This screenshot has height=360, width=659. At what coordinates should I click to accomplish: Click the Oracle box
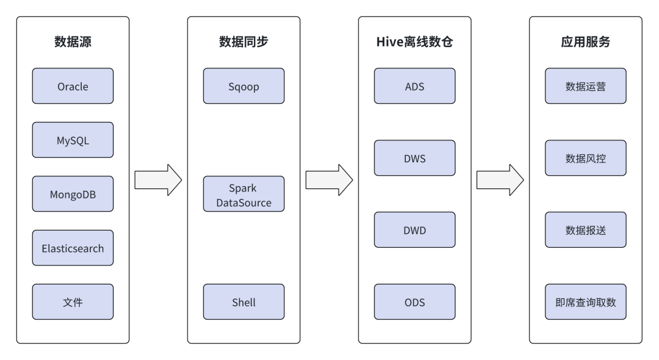(x=73, y=86)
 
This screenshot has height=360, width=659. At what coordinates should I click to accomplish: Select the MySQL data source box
(x=73, y=140)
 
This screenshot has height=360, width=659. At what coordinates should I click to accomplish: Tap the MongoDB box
(x=73, y=194)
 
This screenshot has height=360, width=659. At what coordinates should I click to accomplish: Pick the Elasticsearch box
(x=73, y=248)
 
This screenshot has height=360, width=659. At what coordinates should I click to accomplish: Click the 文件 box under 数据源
(x=73, y=302)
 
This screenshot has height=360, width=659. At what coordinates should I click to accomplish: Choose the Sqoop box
(x=243, y=86)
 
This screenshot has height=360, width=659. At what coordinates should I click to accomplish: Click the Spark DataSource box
(x=243, y=194)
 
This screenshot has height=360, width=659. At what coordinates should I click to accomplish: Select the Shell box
(x=243, y=302)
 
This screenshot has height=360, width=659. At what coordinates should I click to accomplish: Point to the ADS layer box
(x=414, y=86)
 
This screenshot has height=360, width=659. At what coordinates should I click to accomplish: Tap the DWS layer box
(x=414, y=158)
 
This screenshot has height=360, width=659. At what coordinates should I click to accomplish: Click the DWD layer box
(x=414, y=230)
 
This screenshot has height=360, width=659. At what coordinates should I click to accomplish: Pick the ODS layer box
(x=414, y=302)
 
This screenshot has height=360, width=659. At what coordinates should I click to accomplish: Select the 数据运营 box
(x=585, y=86)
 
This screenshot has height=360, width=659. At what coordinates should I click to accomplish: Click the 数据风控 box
(x=585, y=158)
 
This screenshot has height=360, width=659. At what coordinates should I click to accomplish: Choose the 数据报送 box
(x=585, y=230)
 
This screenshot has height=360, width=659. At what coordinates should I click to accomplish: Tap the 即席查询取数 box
(x=585, y=302)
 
